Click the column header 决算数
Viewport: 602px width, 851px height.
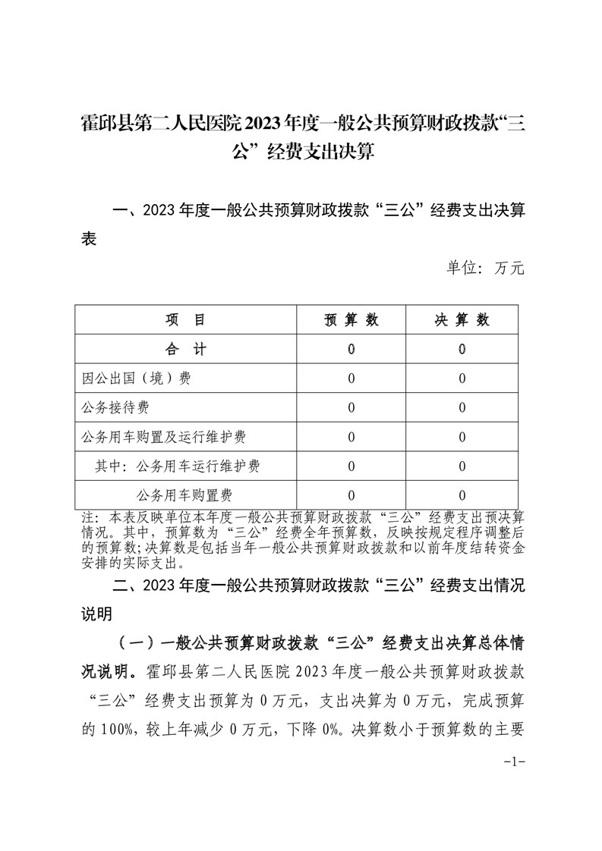462,320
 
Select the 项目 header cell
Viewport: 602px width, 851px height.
185,320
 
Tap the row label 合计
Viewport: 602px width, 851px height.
185,350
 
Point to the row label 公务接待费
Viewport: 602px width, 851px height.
116,408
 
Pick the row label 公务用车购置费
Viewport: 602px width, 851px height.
184,496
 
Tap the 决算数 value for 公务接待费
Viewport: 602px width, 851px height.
462,408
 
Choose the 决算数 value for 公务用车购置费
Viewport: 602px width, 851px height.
462,496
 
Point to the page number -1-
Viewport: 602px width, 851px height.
515,762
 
